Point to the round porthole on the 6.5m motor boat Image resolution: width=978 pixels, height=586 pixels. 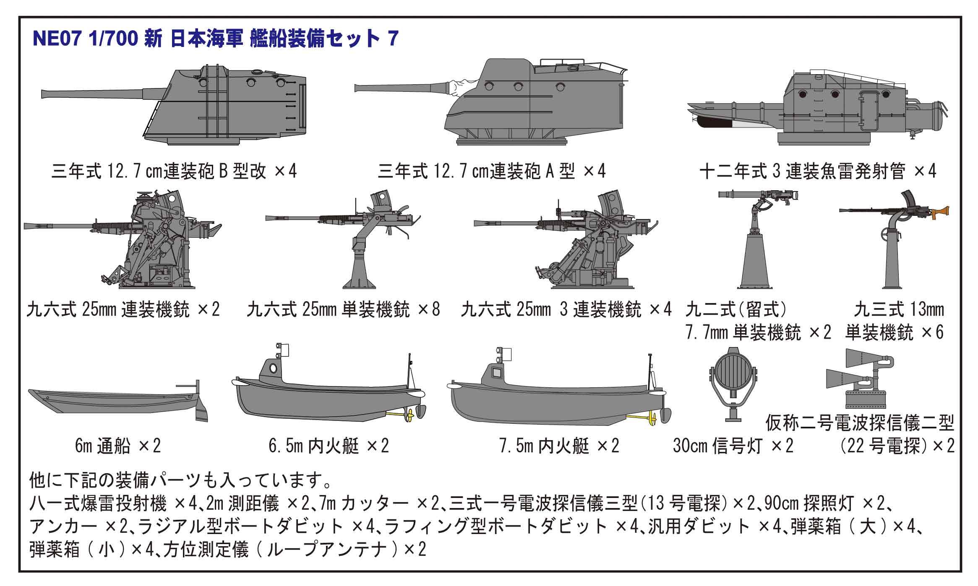tap(273, 368)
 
